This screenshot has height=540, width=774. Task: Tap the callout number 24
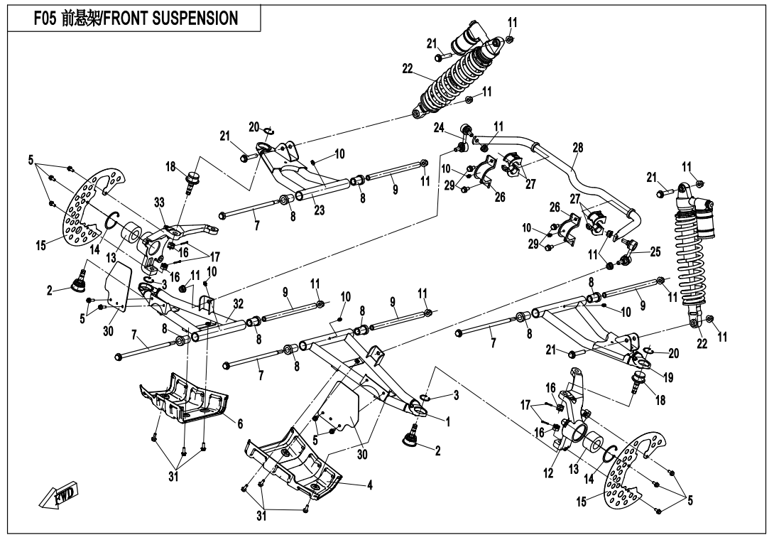[x=440, y=129]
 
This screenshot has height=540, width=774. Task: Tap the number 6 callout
[x=240, y=423]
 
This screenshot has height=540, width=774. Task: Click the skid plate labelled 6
[x=185, y=401]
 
